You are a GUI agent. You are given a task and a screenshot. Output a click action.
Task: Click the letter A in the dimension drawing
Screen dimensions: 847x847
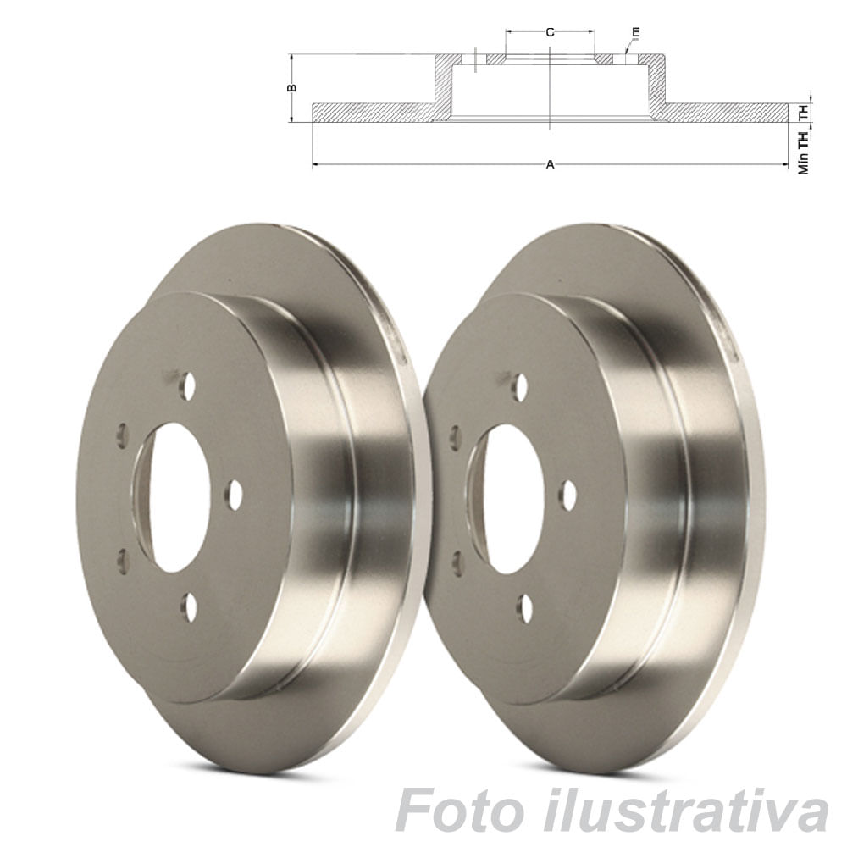550,164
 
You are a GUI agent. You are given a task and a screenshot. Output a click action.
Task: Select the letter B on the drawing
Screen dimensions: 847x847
291,87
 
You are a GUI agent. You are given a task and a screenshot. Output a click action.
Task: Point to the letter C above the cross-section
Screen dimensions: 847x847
550,32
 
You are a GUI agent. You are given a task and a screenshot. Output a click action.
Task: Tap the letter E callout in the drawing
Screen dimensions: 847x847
635,32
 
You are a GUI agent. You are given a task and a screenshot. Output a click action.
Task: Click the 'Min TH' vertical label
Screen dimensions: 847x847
803,152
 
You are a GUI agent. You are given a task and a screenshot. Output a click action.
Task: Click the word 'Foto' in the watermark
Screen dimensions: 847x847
457,811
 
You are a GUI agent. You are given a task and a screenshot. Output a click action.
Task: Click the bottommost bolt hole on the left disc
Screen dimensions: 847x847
190,606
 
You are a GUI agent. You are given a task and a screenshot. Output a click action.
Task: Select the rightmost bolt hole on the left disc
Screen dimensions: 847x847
235,495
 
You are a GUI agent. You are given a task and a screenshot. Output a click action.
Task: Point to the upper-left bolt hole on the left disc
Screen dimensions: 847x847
123,433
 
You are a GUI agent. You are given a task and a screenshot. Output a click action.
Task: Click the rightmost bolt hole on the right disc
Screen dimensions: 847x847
568,495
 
